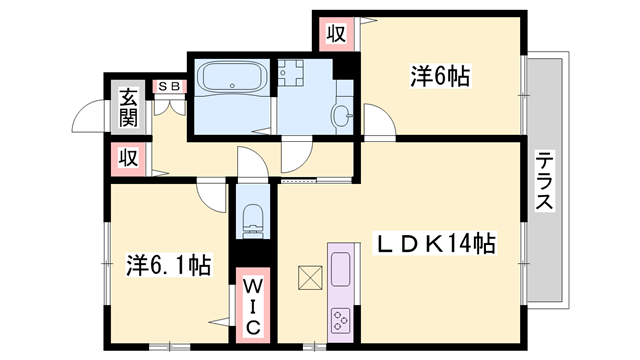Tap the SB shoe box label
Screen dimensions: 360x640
[x=168, y=86]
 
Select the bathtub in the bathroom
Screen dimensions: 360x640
[x=231, y=77]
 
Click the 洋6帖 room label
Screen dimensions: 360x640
[x=440, y=75]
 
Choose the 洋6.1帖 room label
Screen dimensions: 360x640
[x=168, y=266]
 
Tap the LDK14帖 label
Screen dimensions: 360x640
[x=434, y=243]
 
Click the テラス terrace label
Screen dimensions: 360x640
[x=545, y=183]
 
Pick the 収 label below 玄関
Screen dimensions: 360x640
[x=129, y=157]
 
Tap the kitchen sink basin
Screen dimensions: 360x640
[x=341, y=269]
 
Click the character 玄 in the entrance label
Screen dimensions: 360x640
[x=129, y=98]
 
